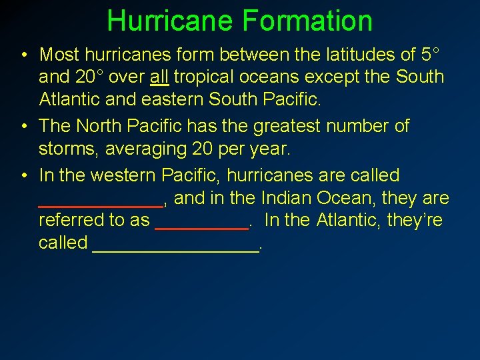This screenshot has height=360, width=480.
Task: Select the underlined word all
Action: (159, 77)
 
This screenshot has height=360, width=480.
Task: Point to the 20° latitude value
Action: (89, 77)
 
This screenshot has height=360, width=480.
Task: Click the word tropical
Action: (205, 77)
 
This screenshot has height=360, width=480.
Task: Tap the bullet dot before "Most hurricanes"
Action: (23, 54)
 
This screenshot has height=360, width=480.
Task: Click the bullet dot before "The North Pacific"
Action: (23, 126)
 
